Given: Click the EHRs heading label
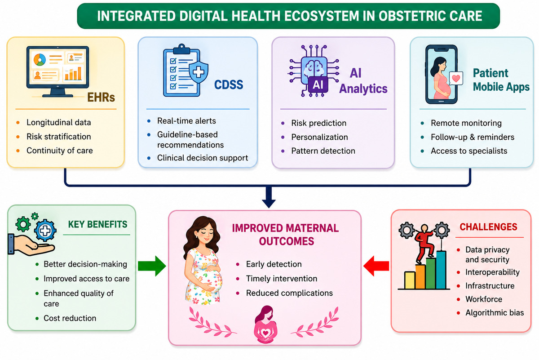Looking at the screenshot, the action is pyautogui.click(x=101, y=97).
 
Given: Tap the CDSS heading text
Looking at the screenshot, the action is pyautogui.click(x=229, y=84).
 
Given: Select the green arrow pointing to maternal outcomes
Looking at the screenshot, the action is pyautogui.click(x=152, y=266).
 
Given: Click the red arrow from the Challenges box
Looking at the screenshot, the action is pyautogui.click(x=376, y=266).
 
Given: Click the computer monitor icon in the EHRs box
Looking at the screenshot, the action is pyautogui.click(x=58, y=71).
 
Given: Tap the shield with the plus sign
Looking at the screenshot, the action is pyautogui.click(x=199, y=72).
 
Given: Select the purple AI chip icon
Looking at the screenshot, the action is pyautogui.click(x=314, y=71).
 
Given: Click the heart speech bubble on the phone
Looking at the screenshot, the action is pyautogui.click(x=456, y=78).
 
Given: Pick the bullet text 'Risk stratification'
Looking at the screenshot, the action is pyautogui.click(x=59, y=137).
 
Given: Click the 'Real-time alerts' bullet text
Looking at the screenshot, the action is pyautogui.click(x=186, y=120).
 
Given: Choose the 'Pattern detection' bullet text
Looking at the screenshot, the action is pyautogui.click(x=323, y=151).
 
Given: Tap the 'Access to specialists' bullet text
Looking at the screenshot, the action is pyautogui.click(x=469, y=151).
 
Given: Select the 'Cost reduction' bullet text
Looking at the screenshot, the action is pyautogui.click(x=70, y=318).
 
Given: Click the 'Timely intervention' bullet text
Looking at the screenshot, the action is pyautogui.click(x=282, y=278).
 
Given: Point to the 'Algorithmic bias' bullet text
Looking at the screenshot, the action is pyautogui.click(x=495, y=312).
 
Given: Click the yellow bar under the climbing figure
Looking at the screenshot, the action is pyautogui.click(x=410, y=280).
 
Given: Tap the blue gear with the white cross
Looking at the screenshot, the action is pyautogui.click(x=45, y=231).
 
